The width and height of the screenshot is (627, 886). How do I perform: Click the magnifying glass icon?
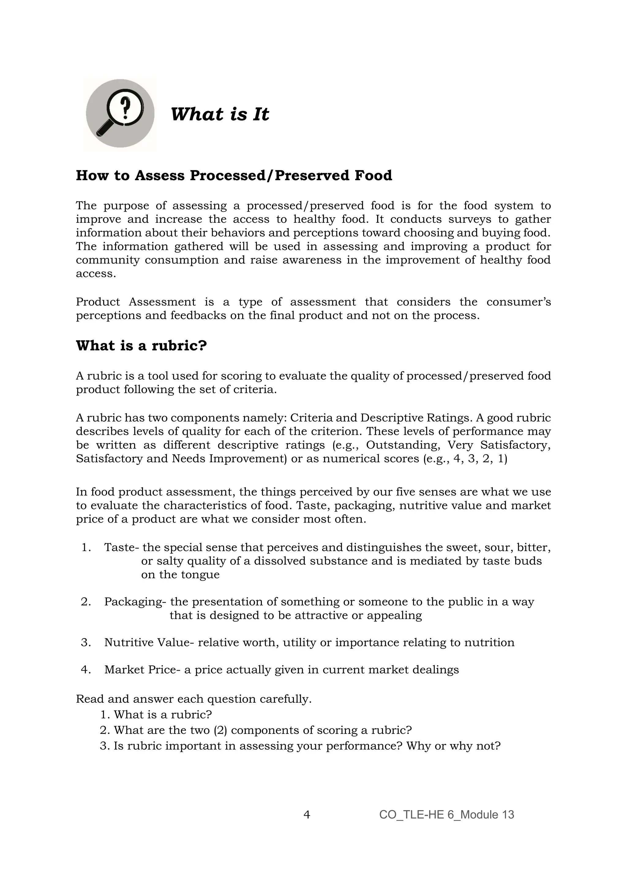(120, 114)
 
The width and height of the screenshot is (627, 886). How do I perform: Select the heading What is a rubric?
(141, 345)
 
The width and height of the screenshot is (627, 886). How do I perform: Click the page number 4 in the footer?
(307, 815)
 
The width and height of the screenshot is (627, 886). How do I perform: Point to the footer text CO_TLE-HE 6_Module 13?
(446, 815)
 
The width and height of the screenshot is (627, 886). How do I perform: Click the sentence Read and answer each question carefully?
(193, 699)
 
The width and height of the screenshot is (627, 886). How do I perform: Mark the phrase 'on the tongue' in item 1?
(180, 575)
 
